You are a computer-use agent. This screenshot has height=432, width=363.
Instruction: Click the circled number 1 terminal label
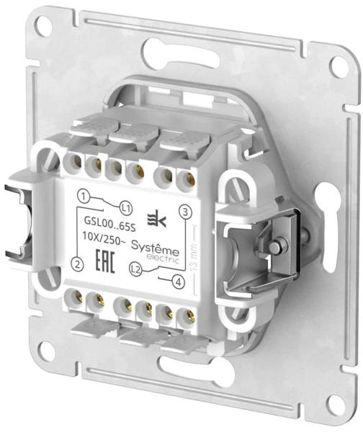84,196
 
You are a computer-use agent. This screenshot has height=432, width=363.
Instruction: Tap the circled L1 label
126,209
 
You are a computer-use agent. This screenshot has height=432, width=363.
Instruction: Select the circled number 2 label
77,264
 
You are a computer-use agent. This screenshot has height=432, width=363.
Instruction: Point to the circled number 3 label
186,212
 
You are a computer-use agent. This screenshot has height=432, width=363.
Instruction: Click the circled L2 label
135,269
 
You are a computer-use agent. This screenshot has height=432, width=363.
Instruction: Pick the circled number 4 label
178,282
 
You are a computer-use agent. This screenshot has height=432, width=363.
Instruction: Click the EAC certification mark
104,261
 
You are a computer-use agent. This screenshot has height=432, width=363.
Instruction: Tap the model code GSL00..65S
109,223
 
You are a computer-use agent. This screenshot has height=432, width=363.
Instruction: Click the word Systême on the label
155,248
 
